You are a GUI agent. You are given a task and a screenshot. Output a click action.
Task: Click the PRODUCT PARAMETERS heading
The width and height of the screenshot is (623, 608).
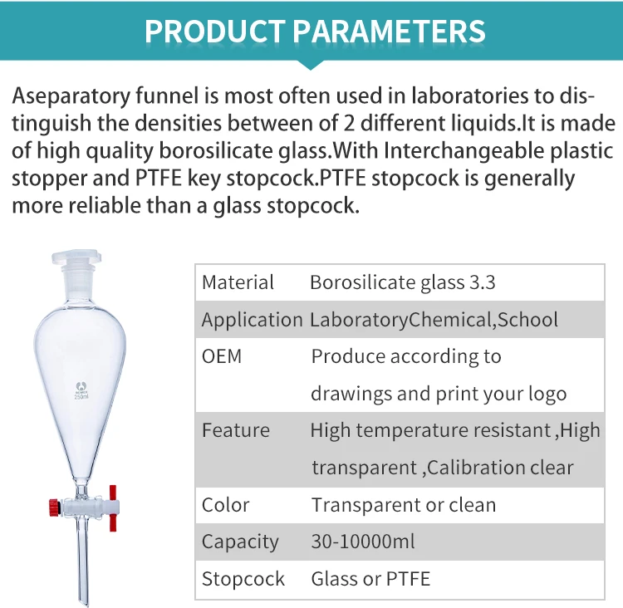(x=315, y=32)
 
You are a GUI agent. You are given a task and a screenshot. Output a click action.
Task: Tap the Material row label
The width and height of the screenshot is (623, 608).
(x=238, y=282)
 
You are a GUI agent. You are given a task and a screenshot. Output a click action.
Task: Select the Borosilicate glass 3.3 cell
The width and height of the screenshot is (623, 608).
(x=402, y=282)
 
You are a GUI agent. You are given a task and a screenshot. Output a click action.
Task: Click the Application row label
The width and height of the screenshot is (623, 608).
(x=251, y=320)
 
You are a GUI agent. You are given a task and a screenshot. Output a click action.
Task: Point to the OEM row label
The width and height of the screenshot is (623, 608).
(x=222, y=356)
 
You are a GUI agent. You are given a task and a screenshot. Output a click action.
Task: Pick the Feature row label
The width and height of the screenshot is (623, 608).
(x=235, y=430)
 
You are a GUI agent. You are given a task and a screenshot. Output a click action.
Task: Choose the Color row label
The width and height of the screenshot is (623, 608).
(x=225, y=505)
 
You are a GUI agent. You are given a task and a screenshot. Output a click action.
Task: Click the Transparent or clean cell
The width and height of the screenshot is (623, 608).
(x=403, y=505)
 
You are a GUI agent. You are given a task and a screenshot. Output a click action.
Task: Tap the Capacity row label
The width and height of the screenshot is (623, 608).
(x=240, y=542)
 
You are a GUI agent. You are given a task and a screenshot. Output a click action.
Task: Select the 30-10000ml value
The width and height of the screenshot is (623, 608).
(x=363, y=542)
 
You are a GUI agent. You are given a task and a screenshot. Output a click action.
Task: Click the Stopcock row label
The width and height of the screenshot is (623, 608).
(x=243, y=579)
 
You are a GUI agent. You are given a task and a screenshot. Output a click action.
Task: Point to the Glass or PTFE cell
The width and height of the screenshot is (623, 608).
(x=370, y=579)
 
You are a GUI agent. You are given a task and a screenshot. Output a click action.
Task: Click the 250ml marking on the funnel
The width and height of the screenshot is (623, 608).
(x=81, y=396)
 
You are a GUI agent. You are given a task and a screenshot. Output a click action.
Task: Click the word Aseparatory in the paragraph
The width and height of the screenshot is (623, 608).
(x=71, y=96)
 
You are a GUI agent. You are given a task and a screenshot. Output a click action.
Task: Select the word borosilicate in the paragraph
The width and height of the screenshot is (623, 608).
(x=204, y=151)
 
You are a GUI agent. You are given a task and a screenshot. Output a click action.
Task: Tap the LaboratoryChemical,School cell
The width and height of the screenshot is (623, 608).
(x=434, y=320)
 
